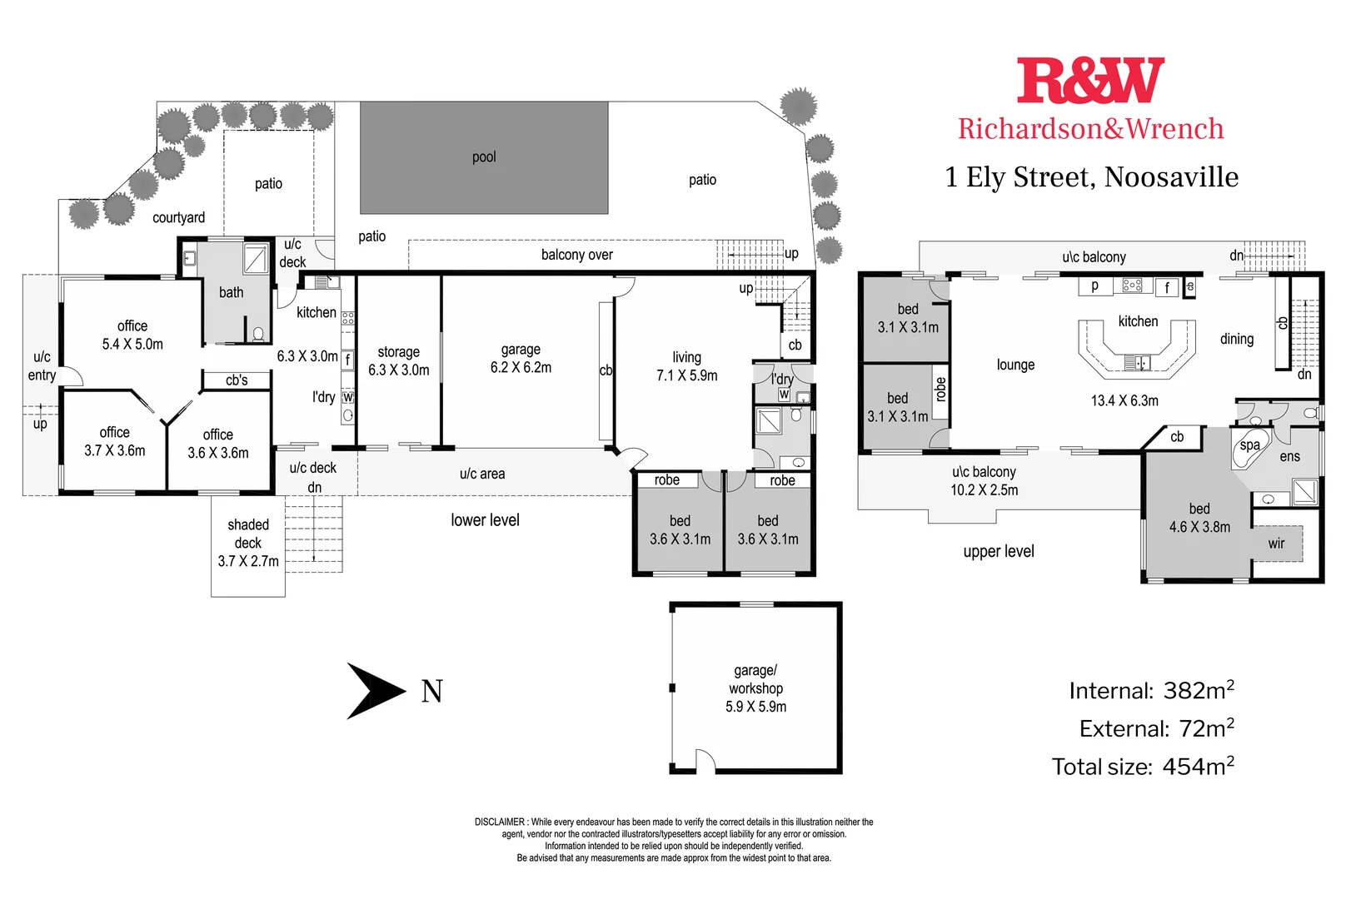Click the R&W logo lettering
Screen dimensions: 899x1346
tap(1090, 82)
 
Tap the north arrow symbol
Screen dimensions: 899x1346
tap(376, 690)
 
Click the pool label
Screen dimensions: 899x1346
tap(484, 157)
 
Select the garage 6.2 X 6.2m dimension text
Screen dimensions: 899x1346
tap(521, 368)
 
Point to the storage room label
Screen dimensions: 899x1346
tap(398, 352)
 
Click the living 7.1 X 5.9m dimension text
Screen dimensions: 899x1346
tap(686, 375)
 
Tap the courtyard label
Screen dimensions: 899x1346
tap(178, 218)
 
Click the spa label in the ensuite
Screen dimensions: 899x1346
tap(1249, 445)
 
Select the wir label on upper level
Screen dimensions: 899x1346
tap(1276, 544)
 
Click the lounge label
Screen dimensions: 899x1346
tap(1015, 365)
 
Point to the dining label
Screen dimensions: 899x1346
tap(1237, 339)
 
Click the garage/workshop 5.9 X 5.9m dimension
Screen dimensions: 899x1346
tap(755, 707)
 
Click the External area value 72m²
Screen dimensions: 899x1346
tap(1206, 728)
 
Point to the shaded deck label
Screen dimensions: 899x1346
tap(248, 534)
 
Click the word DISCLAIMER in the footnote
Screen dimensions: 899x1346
tap(500, 822)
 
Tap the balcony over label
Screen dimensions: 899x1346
tap(576, 255)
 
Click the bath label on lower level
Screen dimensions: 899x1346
tap(232, 292)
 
